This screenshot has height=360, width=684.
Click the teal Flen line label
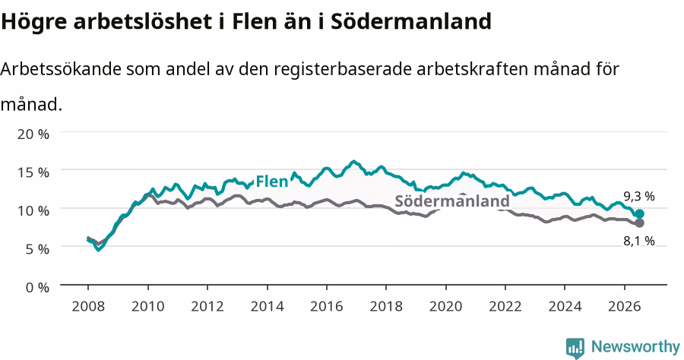272,182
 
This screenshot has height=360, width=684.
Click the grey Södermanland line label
452,201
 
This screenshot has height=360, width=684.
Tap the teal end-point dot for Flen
639,213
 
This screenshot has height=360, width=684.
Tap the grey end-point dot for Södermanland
639,223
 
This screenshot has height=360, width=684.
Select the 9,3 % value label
639,197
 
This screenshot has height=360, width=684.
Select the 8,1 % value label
639,241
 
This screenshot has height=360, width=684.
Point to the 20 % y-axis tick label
33,134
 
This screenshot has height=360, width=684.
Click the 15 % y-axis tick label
33,172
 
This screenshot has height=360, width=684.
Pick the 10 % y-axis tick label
33,210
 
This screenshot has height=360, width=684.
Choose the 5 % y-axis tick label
37,249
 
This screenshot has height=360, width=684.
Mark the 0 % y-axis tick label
37,287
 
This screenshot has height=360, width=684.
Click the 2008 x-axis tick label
88,306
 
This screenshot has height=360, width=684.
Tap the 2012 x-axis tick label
207,306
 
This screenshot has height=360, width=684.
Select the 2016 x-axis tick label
326,306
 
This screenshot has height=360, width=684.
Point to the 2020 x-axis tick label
445,306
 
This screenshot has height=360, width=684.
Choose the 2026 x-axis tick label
624,306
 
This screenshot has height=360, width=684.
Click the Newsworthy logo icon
575,348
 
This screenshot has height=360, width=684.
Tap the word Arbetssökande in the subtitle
61,69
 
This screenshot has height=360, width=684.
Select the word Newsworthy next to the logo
635,347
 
